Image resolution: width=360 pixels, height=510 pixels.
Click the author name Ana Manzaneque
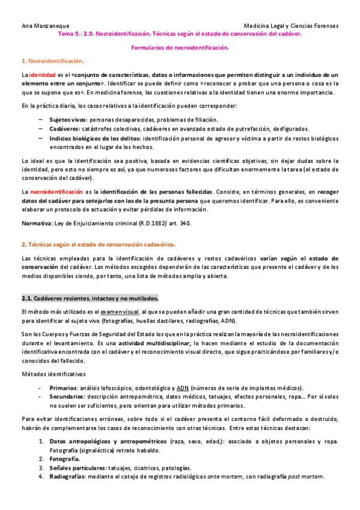click(45, 26)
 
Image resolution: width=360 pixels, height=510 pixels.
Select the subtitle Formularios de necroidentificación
click(180, 47)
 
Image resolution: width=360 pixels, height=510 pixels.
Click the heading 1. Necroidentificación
click(52, 61)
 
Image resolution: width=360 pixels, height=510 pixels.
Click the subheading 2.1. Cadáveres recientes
click(90, 298)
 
